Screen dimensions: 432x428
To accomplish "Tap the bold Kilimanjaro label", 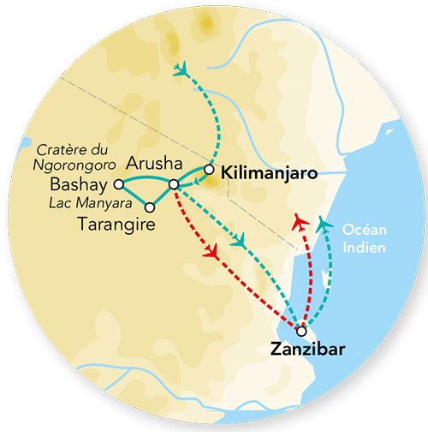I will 269,173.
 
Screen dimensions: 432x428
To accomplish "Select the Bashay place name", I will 81,185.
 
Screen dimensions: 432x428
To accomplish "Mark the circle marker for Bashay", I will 119,183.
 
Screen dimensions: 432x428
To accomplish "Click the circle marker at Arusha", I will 173,184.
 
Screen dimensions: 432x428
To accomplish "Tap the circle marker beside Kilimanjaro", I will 209,169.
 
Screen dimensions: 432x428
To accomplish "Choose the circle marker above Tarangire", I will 150,207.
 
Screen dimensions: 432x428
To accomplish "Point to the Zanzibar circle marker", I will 300,331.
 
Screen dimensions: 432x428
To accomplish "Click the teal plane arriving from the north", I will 181,69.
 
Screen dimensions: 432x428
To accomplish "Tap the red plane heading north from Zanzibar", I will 300,222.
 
